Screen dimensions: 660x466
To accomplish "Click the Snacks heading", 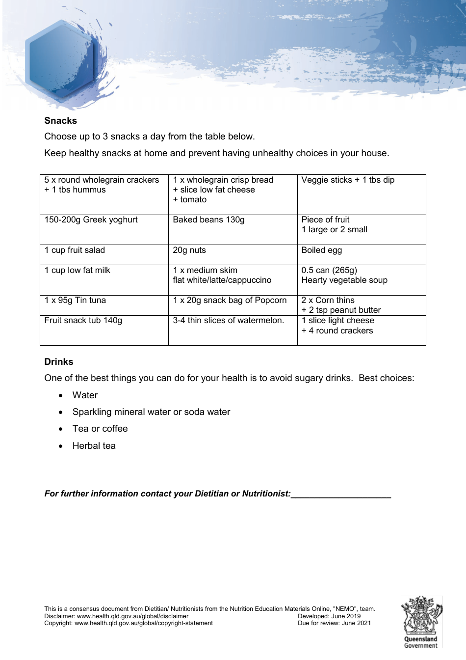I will (60, 121).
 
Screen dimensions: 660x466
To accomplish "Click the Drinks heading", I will (58, 362).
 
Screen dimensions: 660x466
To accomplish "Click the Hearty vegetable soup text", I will (344, 280).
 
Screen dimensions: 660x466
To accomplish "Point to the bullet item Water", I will (85, 395).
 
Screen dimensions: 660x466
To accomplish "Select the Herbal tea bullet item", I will (94, 446).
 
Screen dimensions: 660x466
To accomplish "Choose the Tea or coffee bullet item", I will (100, 429).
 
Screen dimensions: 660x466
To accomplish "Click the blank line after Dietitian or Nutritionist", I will (341, 494).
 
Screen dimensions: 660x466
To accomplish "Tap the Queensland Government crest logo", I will (421, 621).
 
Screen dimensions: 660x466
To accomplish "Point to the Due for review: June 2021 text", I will (334, 623).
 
